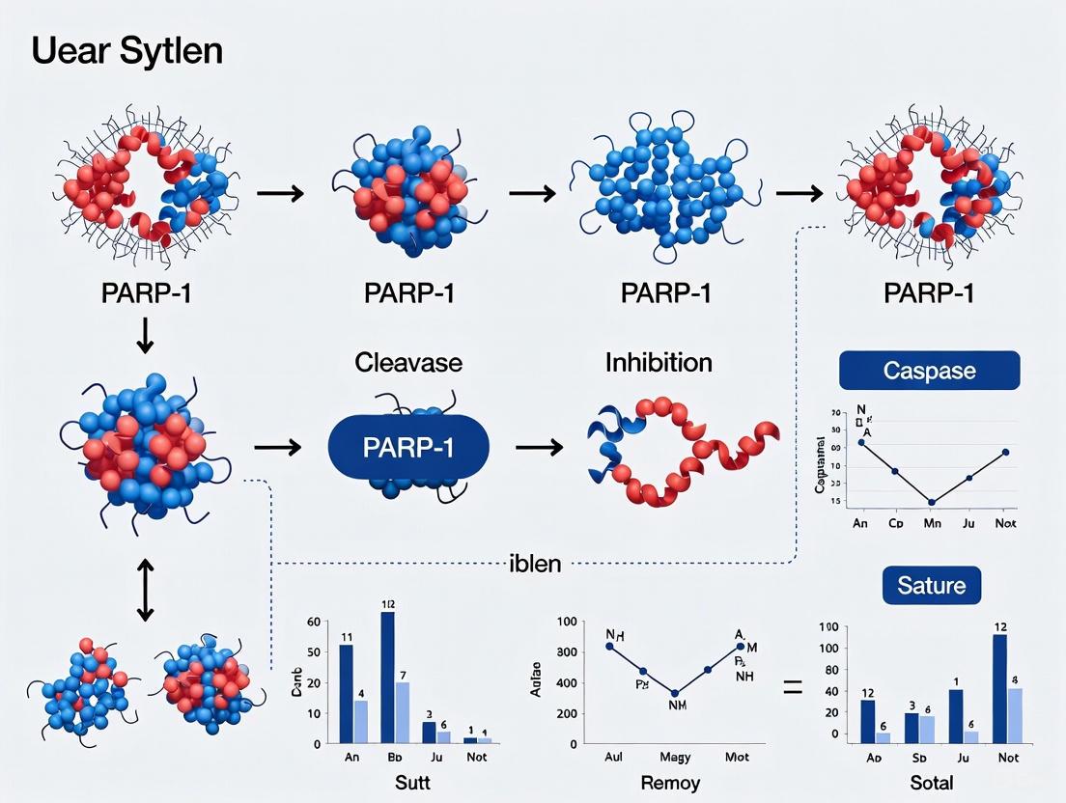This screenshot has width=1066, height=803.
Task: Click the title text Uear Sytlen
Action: [x=126, y=50]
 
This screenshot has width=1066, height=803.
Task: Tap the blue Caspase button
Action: [x=929, y=371]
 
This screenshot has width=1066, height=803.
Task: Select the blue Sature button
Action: [x=931, y=585]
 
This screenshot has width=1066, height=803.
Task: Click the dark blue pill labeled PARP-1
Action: [x=408, y=448]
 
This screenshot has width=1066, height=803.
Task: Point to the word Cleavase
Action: [x=408, y=364]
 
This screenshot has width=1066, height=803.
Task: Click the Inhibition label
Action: [x=659, y=363]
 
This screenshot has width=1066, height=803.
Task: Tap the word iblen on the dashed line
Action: [x=534, y=564]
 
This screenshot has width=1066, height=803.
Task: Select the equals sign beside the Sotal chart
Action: [x=793, y=689]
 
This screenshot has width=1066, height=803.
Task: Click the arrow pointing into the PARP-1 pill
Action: [x=278, y=448]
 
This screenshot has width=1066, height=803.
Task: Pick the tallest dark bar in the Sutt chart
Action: [x=388, y=677]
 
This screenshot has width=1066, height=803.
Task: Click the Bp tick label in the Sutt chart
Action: [x=393, y=758]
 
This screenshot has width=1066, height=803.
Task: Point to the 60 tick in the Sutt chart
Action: [x=312, y=621]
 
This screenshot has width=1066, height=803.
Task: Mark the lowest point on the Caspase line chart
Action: [x=931, y=502]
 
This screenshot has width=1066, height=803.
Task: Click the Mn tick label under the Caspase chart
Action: [x=931, y=523]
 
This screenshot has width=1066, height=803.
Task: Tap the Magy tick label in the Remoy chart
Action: [x=675, y=758]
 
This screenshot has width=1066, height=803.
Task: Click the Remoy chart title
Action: [x=670, y=784]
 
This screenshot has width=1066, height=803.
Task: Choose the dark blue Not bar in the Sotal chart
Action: [x=1000, y=688]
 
